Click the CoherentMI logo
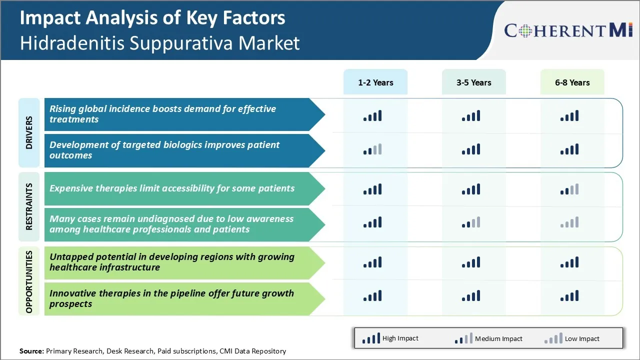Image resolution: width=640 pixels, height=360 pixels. pos(568,30)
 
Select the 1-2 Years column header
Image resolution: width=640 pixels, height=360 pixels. pos(375,82)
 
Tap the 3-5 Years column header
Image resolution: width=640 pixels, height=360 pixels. pos(473,82)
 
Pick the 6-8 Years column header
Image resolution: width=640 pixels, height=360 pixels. pos(572,82)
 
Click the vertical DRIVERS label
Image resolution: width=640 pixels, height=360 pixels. pos(29,132)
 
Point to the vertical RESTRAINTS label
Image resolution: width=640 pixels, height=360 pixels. pos(29,206)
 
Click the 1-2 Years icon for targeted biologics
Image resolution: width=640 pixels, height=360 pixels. pos(372,149)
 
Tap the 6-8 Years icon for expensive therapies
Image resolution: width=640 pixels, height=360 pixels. pos(569,189)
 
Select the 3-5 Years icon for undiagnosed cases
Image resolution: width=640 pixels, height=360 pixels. pos(471,222)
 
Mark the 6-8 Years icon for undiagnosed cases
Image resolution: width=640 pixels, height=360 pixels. pos(569,222)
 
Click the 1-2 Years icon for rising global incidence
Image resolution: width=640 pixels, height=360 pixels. pos(372,116)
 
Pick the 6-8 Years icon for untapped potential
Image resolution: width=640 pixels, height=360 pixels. pos(569,262)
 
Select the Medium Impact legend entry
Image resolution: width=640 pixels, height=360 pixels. pos(488,338)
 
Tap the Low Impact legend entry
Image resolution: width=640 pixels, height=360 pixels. pos(572,338)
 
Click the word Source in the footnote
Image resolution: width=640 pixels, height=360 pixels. pos(31,351)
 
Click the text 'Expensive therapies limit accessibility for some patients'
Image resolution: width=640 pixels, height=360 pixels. pos(172,188)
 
